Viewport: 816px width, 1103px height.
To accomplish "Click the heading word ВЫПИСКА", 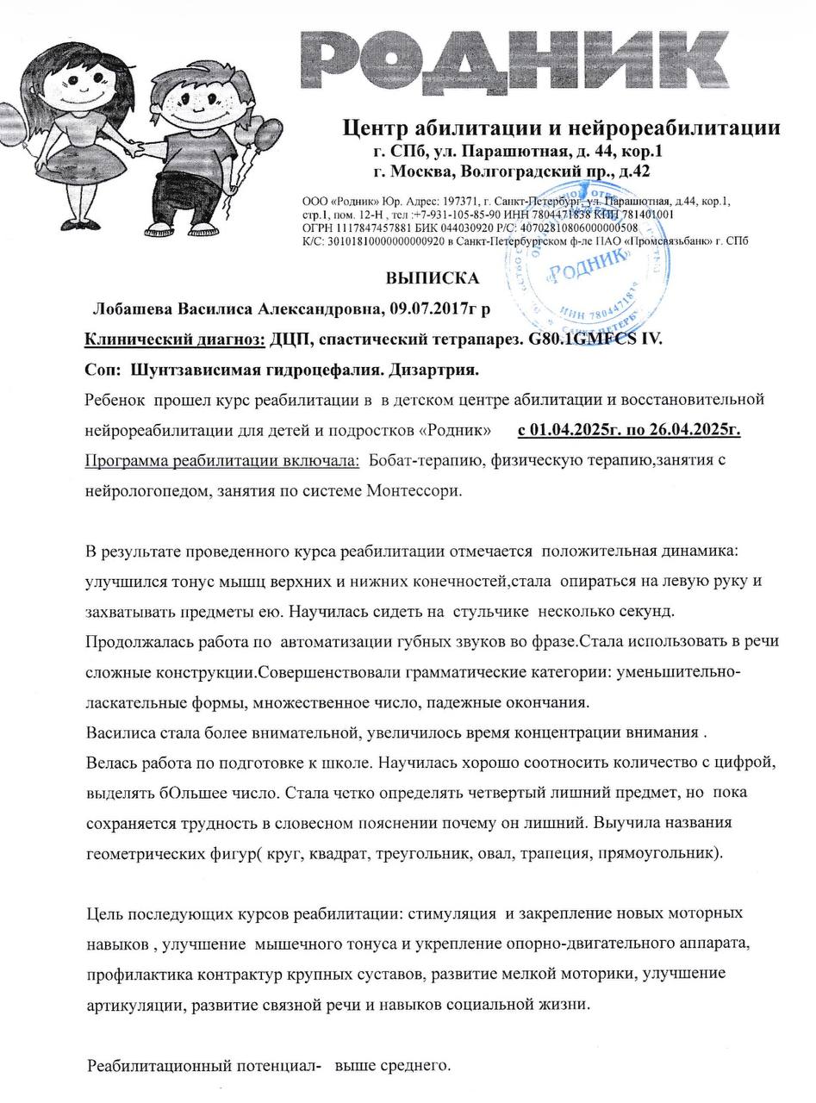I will click(432, 278).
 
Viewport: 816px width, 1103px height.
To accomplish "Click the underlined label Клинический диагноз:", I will click(175, 339).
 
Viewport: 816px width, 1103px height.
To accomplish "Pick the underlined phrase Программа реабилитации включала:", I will click(222, 460).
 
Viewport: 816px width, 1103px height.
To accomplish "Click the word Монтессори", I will click(414, 491).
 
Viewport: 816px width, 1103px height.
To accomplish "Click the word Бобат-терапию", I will click(426, 460).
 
